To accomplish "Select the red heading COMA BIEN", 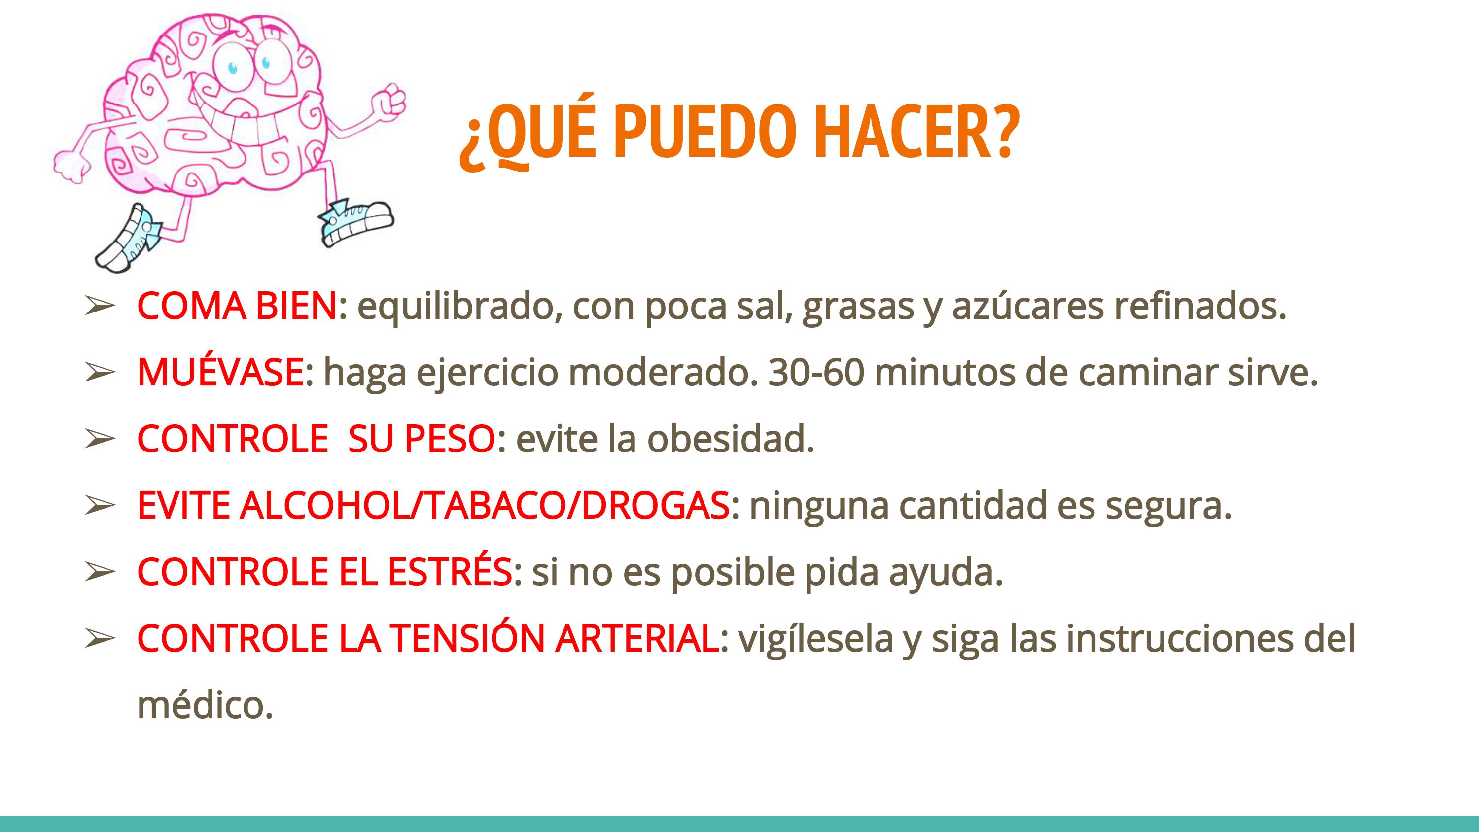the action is [x=237, y=306].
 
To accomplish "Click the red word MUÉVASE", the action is [x=220, y=372].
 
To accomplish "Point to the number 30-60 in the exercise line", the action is [x=816, y=373].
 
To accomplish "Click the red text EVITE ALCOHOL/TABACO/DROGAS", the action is [x=433, y=505].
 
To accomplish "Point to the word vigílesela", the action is [x=815, y=639].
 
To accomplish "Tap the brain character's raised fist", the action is [x=388, y=100].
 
